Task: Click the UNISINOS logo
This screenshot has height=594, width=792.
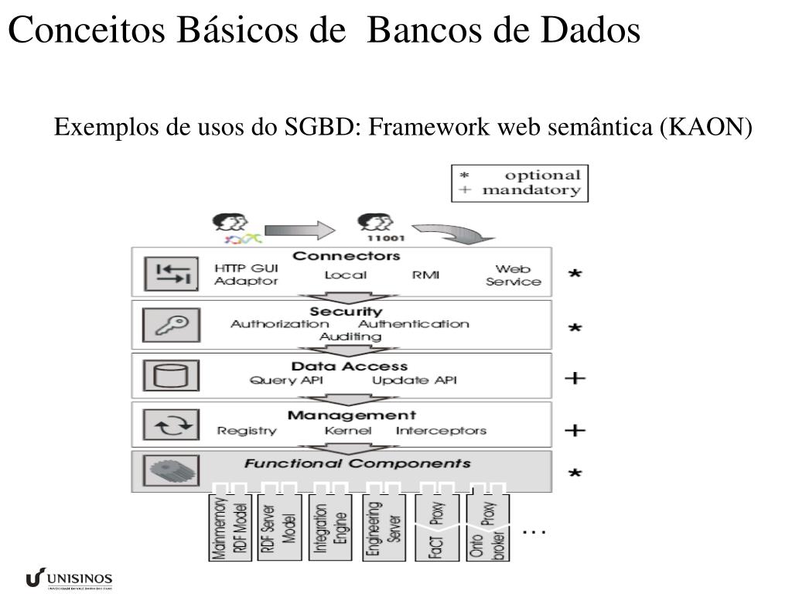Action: point(69,579)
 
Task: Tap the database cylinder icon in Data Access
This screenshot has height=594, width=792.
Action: point(171,375)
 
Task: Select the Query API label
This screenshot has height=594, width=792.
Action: point(286,381)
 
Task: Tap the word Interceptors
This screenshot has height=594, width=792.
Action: point(441,431)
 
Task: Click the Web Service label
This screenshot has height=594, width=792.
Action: point(513,275)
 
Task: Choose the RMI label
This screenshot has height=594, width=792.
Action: point(425,275)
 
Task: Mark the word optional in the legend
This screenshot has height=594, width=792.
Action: point(542,176)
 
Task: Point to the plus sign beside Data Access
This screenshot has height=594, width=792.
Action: point(575,378)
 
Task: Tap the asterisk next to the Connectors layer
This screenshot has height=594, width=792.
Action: point(575,275)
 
